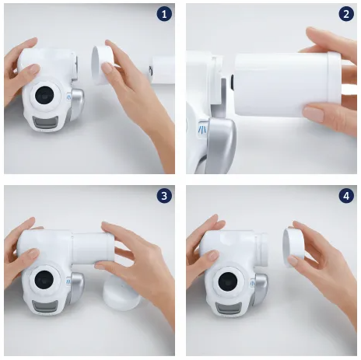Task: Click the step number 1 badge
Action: (164, 14)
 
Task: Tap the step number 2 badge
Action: (346, 14)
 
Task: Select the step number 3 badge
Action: (164, 196)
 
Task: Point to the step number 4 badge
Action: (346, 196)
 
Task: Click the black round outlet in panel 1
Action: (44, 95)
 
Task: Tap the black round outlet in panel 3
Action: (44, 280)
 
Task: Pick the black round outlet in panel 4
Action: (228, 281)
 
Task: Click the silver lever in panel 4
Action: (260, 288)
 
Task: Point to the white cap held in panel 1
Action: (103, 65)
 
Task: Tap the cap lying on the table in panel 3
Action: (121, 293)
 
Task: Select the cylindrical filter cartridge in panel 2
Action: (287, 85)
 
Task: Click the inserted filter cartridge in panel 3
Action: (93, 248)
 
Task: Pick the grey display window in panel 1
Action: (45, 122)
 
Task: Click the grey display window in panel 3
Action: (45, 306)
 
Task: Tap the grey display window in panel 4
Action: (229, 308)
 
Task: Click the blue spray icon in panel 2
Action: (202, 129)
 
